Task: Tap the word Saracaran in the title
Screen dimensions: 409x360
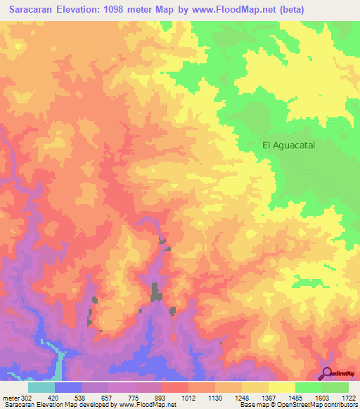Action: (x=32, y=9)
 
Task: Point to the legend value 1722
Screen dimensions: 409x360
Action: (x=349, y=398)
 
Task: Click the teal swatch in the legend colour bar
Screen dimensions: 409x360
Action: (x=41, y=387)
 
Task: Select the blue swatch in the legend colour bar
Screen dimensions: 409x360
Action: (x=68, y=387)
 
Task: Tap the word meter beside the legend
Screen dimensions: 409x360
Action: (x=10, y=398)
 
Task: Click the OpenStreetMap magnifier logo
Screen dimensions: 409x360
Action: (x=326, y=373)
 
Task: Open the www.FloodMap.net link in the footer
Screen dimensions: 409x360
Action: (x=148, y=405)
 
